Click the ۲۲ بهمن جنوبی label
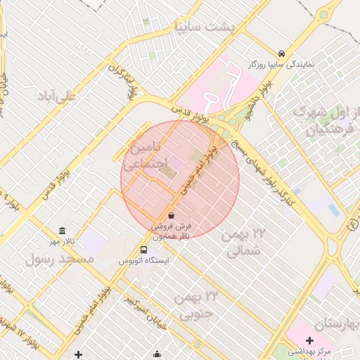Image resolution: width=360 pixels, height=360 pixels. [x=186, y=305]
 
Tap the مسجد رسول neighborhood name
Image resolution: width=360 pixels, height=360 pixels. [x=59, y=259]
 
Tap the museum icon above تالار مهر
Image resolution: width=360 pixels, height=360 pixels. [x=63, y=231]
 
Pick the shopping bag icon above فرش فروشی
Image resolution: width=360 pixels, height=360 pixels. [x=172, y=215]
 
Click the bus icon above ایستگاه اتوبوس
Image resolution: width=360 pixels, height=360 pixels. [x=143, y=250]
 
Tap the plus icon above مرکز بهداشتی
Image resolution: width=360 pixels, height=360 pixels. [x=309, y=340]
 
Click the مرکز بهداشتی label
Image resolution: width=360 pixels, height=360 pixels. [x=314, y=350]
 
